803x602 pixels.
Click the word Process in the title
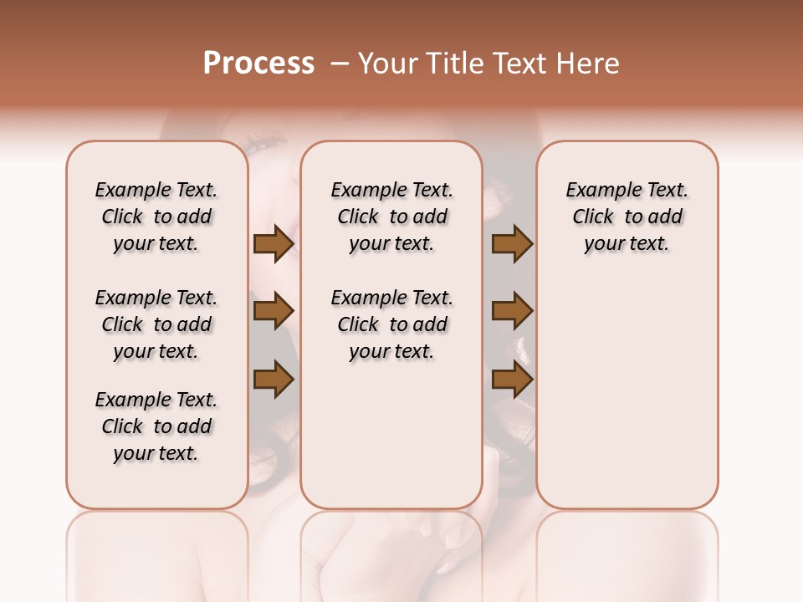(258, 64)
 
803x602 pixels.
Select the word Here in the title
(589, 64)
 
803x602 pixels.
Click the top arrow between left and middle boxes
(274, 244)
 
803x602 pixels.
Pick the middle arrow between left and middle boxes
(274, 312)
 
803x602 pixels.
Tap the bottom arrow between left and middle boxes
(274, 380)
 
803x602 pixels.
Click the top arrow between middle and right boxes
(512, 244)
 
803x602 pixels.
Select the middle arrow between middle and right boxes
(512, 312)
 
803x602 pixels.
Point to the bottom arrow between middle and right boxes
(512, 380)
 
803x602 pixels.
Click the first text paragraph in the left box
(156, 217)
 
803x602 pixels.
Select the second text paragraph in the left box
(156, 324)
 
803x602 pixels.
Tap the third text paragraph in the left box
(156, 426)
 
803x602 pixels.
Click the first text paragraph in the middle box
(391, 217)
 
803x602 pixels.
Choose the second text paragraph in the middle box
(391, 324)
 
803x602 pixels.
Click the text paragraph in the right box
(627, 217)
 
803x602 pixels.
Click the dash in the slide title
(340, 64)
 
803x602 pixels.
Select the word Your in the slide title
(384, 64)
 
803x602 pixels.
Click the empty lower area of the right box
(627, 393)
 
